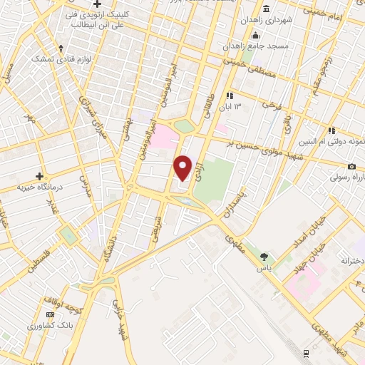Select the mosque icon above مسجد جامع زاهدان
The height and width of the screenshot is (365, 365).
[x=255, y=34]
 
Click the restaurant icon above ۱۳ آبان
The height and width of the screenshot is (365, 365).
[x=230, y=96]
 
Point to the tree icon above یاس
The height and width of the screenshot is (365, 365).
[x=264, y=257]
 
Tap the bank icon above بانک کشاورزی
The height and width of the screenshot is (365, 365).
[x=49, y=314]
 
